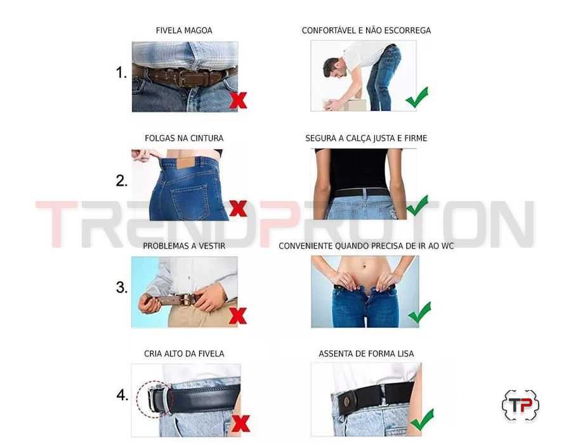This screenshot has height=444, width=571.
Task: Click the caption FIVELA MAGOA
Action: click(x=184, y=30)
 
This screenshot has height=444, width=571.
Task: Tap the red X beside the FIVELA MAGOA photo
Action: click(x=239, y=100)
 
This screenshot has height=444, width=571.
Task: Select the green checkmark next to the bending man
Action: click(x=417, y=97)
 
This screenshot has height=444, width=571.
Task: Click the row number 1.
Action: click(x=121, y=73)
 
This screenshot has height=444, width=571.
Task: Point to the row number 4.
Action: click(x=122, y=396)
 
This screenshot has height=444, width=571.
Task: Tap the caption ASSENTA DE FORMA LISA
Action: click(x=366, y=354)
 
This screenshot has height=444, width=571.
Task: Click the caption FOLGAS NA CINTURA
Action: click(x=184, y=138)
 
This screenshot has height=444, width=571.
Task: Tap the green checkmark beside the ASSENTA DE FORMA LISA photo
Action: click(x=421, y=419)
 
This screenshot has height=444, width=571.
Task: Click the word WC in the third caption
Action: click(x=447, y=246)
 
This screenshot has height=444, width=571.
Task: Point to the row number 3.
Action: click(x=122, y=288)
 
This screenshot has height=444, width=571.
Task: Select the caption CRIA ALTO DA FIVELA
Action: click(x=184, y=354)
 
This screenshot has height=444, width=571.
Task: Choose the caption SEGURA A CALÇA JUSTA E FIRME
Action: click(x=366, y=138)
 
